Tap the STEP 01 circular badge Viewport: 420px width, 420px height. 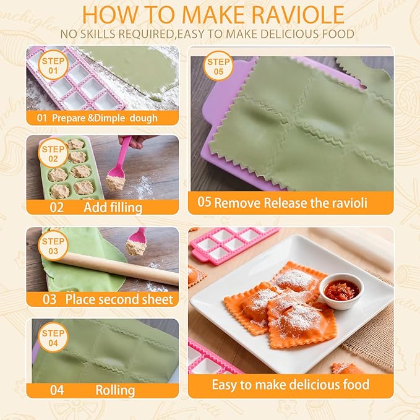tap(51, 66)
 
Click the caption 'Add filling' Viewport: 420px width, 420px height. tap(113, 207)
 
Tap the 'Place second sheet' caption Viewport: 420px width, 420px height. tap(119, 299)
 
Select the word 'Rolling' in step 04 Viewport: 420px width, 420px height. tap(115, 390)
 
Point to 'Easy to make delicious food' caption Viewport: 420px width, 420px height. tap(290, 384)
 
